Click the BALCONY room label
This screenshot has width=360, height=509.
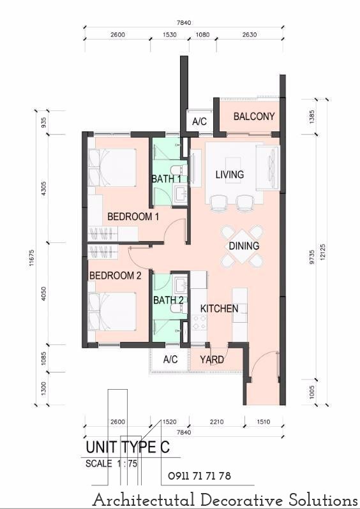click(x=254, y=116)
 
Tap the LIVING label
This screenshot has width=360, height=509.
click(x=230, y=175)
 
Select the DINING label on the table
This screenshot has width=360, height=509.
click(x=244, y=246)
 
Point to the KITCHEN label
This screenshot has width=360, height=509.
click(x=220, y=308)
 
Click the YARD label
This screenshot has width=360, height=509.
click(x=212, y=360)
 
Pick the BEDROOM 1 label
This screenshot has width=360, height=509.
click(x=133, y=216)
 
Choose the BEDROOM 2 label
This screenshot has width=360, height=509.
click(x=116, y=276)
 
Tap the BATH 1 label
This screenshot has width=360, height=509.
click(x=167, y=179)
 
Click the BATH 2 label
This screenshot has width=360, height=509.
click(x=169, y=300)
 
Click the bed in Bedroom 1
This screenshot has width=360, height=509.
click(x=112, y=168)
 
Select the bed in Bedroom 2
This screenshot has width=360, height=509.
click(x=112, y=312)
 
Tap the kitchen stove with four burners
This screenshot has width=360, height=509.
click(x=200, y=323)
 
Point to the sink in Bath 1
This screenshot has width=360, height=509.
click(x=179, y=194)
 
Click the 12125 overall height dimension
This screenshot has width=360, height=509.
click(x=322, y=251)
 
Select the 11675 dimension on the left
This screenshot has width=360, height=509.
click(x=31, y=258)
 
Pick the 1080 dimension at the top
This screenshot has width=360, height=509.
click(x=202, y=34)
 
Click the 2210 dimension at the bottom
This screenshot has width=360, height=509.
click(x=217, y=422)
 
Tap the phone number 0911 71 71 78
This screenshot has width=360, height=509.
click(x=199, y=476)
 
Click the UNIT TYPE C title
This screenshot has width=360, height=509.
click(x=128, y=447)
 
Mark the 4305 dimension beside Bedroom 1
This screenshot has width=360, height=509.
click(x=44, y=188)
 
